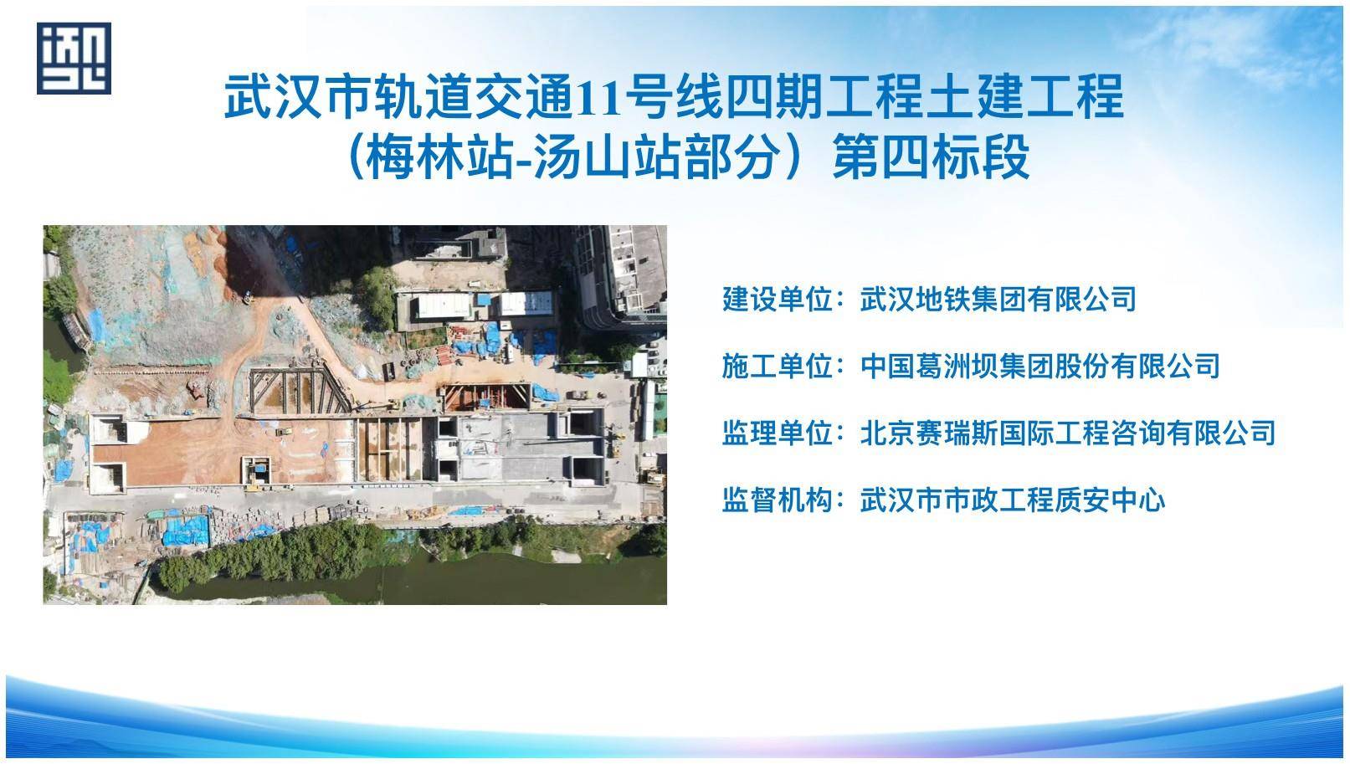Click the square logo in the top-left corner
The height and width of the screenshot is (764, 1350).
click(74, 58)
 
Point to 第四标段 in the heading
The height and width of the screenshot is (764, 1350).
click(932, 158)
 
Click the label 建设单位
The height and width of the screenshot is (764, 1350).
click(778, 300)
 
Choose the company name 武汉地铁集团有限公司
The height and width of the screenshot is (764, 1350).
click(998, 300)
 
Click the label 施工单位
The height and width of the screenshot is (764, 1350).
click(778, 367)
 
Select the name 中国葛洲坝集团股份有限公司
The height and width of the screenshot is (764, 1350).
click(1040, 367)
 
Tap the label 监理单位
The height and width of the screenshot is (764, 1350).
click(778, 433)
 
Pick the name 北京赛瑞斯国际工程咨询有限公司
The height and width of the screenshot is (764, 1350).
click(1068, 433)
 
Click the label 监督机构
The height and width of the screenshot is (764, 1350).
click(778, 500)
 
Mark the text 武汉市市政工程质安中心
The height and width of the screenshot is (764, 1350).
click(1013, 500)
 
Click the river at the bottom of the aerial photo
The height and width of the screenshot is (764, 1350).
click(422, 582)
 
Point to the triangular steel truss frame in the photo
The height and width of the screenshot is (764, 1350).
click(298, 391)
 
